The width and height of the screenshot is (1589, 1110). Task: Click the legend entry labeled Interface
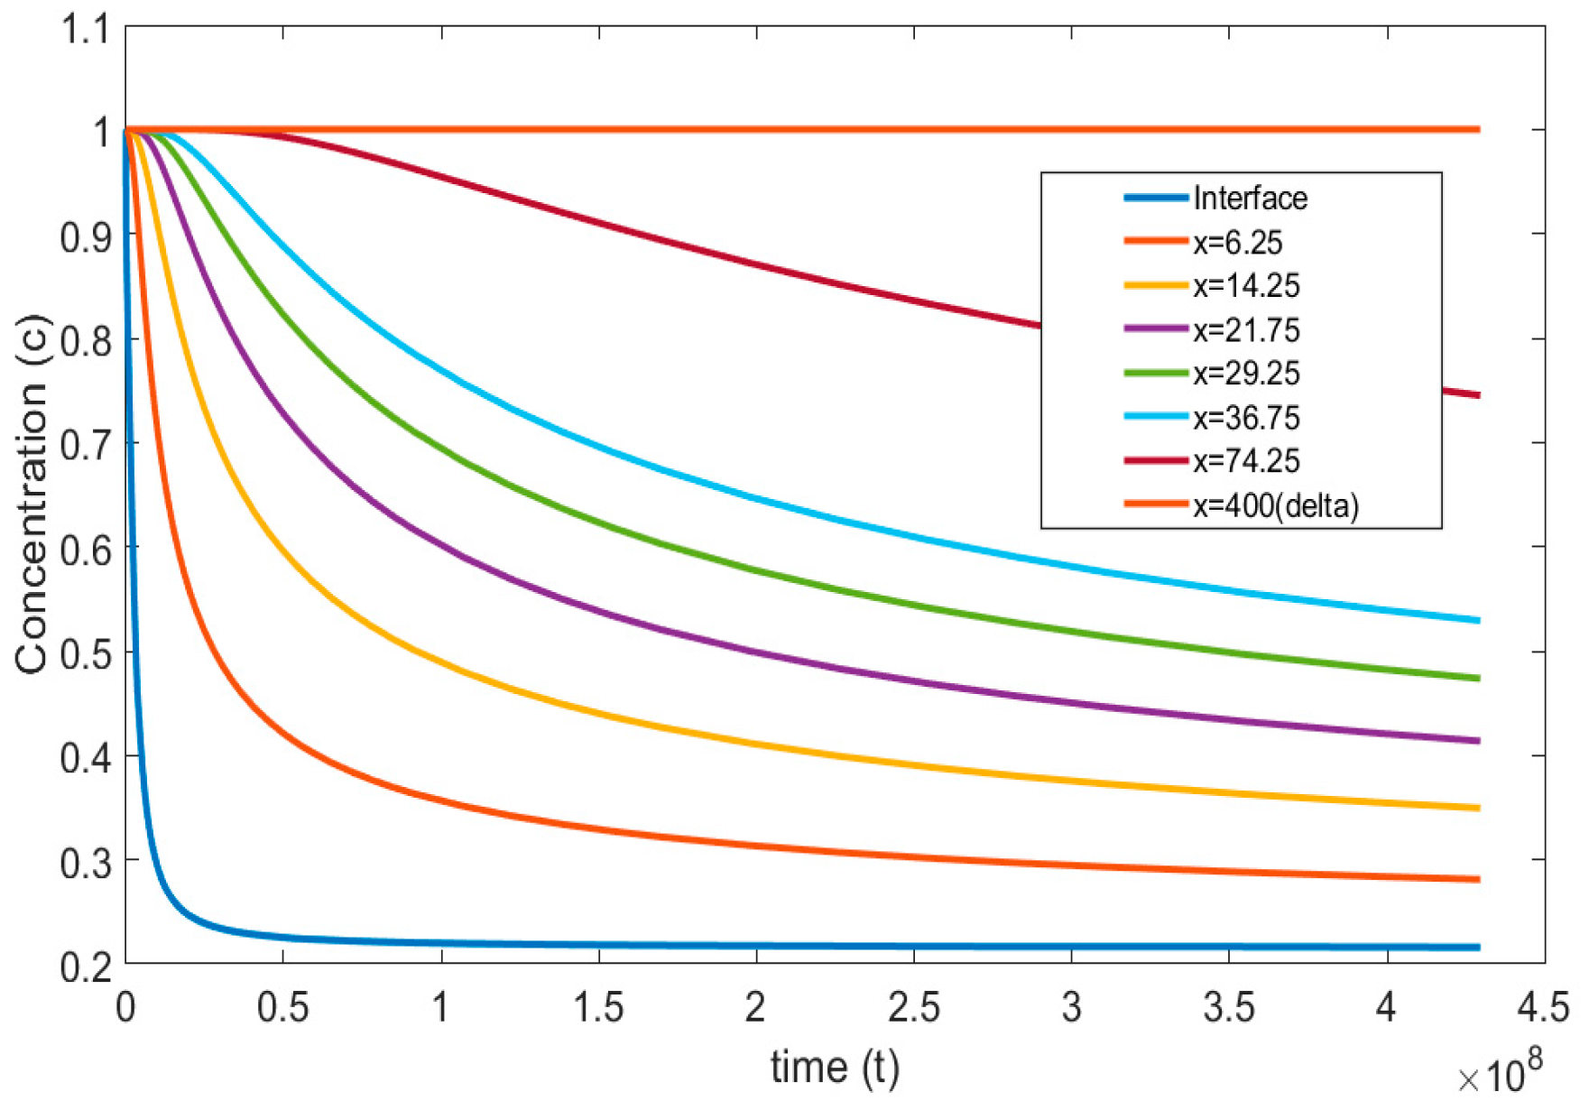(1249, 198)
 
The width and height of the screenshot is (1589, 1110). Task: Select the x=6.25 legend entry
(1237, 242)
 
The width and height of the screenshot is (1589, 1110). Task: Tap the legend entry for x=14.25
(1246, 285)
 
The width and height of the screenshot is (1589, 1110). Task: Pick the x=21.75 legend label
(1246, 329)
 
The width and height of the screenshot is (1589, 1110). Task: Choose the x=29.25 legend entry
(1246, 373)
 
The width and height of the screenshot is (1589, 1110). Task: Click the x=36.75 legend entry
(1246, 417)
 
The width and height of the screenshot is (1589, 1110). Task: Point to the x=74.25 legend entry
(1246, 460)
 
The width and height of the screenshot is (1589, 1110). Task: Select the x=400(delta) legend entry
(1275, 504)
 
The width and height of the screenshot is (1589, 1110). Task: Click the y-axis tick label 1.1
(83, 29)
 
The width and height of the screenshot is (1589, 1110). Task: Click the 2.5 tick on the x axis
(913, 1007)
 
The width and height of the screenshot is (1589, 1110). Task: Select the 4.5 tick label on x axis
(1543, 1007)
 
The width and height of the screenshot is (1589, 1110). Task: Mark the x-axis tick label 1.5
(598, 1007)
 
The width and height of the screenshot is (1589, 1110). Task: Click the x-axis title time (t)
(835, 1067)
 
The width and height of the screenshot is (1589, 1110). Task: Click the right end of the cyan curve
(1478, 620)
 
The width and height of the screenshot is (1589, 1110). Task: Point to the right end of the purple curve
(1478, 741)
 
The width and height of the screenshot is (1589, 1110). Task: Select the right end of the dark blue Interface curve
(1478, 947)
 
